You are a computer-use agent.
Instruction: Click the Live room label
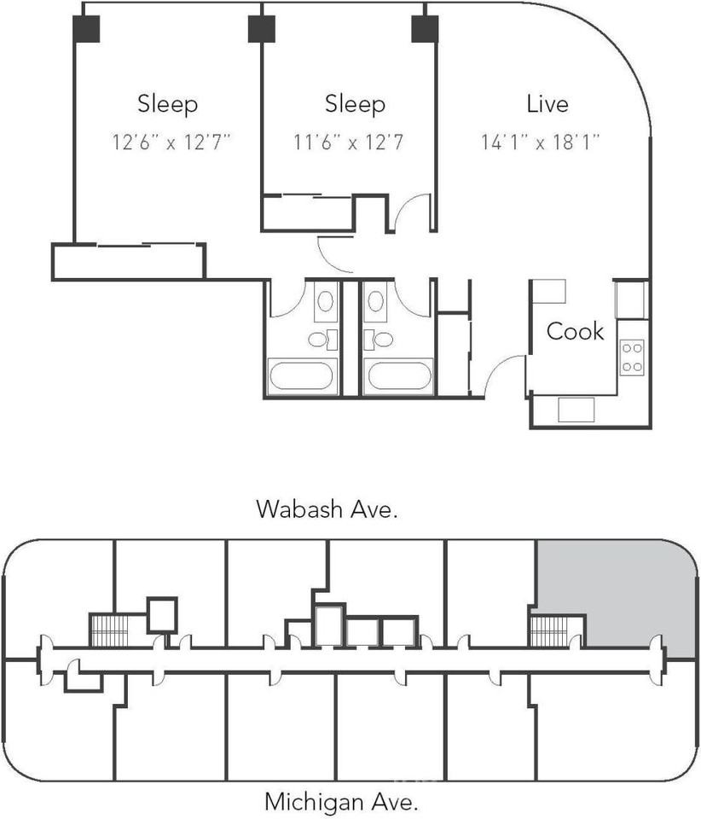pyautogui.click(x=547, y=103)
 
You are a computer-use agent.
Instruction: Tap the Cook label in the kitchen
pyautogui.click(x=575, y=331)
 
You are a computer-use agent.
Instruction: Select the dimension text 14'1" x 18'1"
pyautogui.click(x=540, y=142)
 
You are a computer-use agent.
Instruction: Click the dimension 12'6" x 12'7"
pyautogui.click(x=171, y=142)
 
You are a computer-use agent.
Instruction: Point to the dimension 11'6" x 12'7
pyautogui.click(x=349, y=142)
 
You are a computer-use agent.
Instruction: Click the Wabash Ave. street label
pyautogui.click(x=327, y=508)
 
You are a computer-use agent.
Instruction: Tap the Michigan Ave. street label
pyautogui.click(x=341, y=801)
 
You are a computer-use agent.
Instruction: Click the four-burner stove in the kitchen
pyautogui.click(x=632, y=357)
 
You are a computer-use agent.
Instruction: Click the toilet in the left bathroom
pyautogui.click(x=322, y=340)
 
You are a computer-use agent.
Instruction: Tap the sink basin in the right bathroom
pyautogui.click(x=376, y=301)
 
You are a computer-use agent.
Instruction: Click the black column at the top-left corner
pyautogui.click(x=86, y=29)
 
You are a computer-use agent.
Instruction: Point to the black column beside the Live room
pyautogui.click(x=425, y=29)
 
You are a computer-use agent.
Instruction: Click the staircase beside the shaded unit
pyautogui.click(x=548, y=631)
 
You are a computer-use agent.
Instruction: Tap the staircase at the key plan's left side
pyautogui.click(x=109, y=630)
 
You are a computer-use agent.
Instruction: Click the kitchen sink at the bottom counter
pyautogui.click(x=576, y=409)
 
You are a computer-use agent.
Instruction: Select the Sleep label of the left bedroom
pyautogui.click(x=167, y=103)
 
